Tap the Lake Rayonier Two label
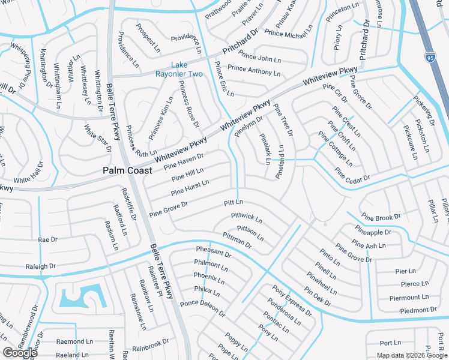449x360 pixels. (x=187, y=69)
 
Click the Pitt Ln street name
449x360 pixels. (x=233, y=203)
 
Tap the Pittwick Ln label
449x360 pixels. (x=247, y=217)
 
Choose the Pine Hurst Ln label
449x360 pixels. (x=190, y=188)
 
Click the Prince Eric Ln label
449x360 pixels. (x=224, y=81)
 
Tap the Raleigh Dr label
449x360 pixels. (x=40, y=265)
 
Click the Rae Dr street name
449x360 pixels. (x=47, y=239)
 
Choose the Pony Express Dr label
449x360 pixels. (x=292, y=301)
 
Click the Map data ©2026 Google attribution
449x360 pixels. (x=412, y=355)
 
